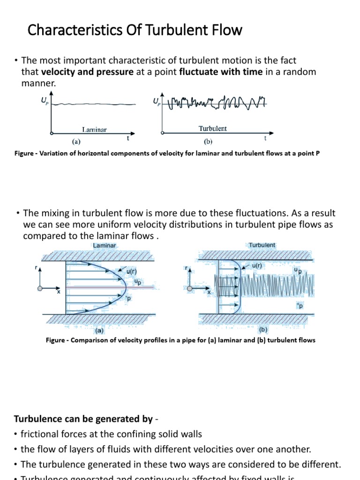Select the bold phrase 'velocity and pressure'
[87, 72]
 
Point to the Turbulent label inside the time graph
[212, 128]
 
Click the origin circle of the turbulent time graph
[163, 133]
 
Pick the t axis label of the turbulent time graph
[265, 138]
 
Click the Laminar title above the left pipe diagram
[105, 245]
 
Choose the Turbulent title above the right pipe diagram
[262, 245]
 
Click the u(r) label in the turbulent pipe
[257, 265]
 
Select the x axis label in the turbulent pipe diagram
[209, 292]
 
